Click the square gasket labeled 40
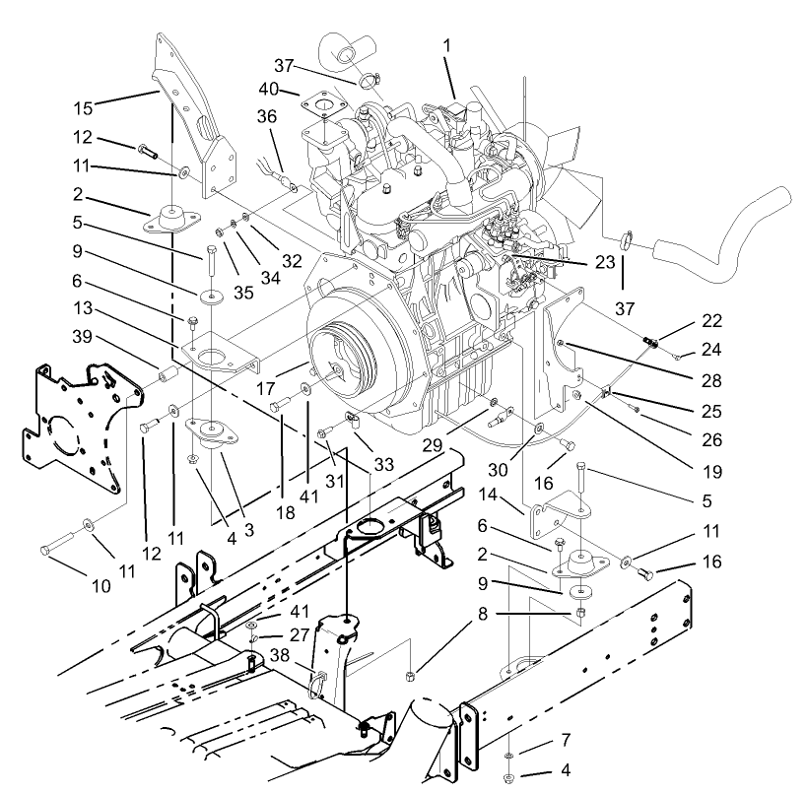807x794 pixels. coord(321,105)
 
